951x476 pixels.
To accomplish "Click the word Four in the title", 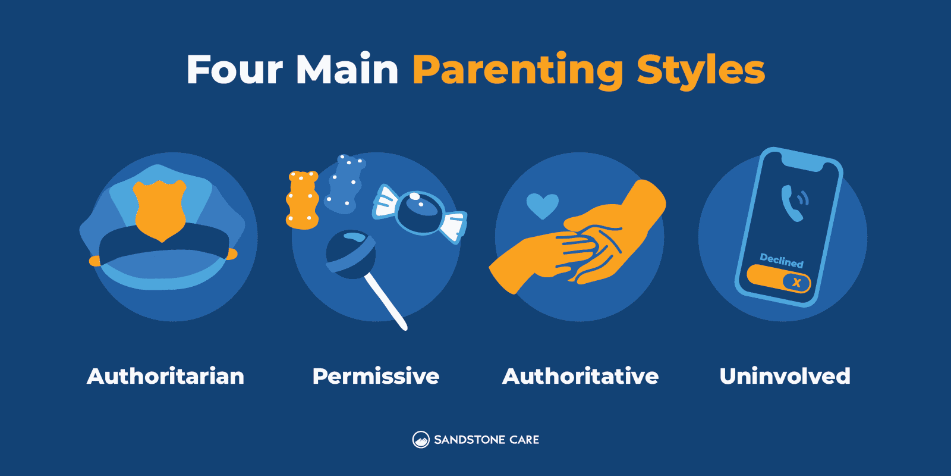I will click(x=235, y=70).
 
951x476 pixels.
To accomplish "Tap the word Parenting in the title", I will click(x=517, y=70).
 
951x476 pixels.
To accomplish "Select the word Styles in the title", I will click(x=701, y=70).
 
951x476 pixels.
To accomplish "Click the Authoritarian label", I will click(x=166, y=376).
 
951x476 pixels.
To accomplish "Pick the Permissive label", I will click(x=376, y=376).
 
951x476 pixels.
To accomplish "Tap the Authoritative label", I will click(x=580, y=376).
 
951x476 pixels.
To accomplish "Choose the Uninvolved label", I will click(x=785, y=376).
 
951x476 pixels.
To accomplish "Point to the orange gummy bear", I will click(x=302, y=200).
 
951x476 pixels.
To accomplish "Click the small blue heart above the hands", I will click(x=542, y=205).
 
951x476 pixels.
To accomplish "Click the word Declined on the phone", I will click(x=782, y=261).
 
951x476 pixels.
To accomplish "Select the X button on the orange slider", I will click(x=796, y=283).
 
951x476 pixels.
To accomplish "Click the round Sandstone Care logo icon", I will click(x=421, y=440).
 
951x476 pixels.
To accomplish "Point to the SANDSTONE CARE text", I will click(x=486, y=440).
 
